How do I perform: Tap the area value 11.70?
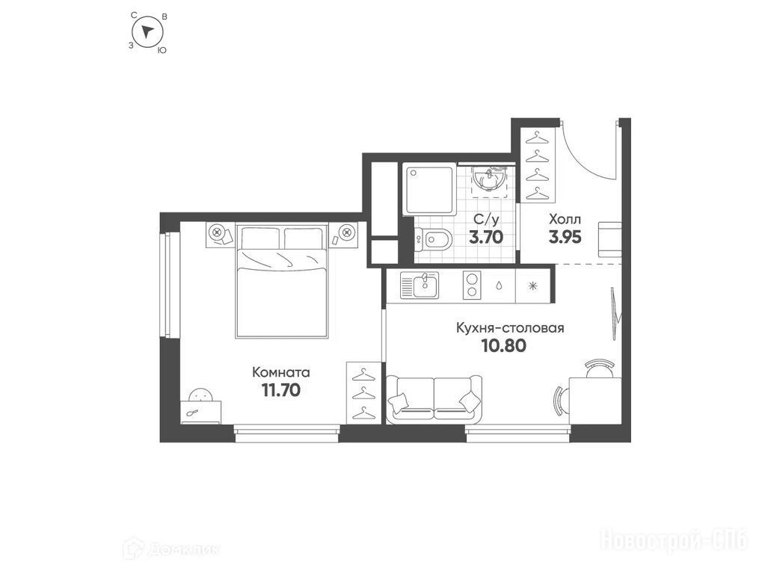280,389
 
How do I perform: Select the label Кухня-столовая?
510,328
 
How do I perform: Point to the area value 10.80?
504,345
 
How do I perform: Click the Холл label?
565,219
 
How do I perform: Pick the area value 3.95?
565,237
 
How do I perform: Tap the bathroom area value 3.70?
486,237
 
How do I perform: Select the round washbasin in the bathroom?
490,180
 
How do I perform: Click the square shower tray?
429,189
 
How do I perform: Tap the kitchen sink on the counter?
420,285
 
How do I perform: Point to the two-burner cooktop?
472,284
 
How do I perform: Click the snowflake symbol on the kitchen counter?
533,286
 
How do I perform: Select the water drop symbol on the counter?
499,285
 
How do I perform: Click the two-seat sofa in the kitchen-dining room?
434,398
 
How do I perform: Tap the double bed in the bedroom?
282,280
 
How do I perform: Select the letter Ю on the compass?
163,49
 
